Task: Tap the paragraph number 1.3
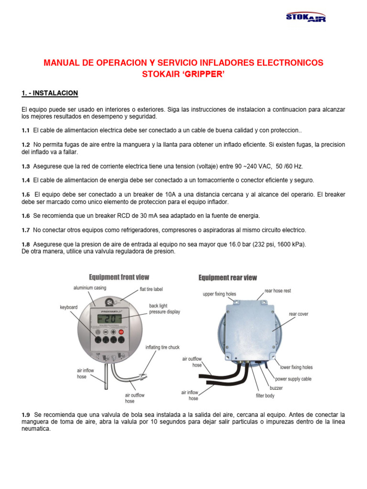point(26,166)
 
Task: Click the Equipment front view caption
point(119,277)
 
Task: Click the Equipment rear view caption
point(227,277)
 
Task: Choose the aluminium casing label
point(90,288)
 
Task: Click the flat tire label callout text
point(151,289)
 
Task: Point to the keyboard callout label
point(69,308)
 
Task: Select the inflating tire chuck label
point(162,347)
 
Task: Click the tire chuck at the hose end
point(142,375)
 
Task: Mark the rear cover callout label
point(298,314)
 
